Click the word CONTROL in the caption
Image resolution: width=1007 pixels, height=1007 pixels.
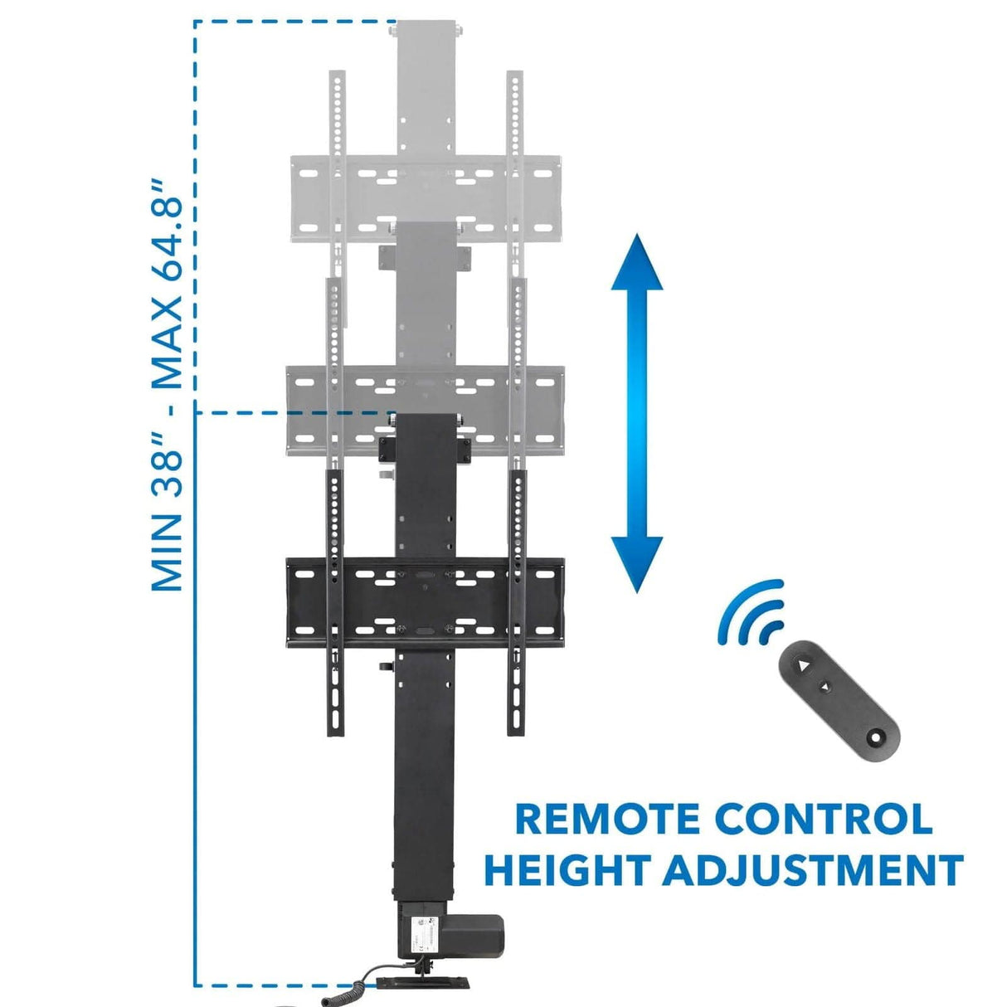[823, 819]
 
